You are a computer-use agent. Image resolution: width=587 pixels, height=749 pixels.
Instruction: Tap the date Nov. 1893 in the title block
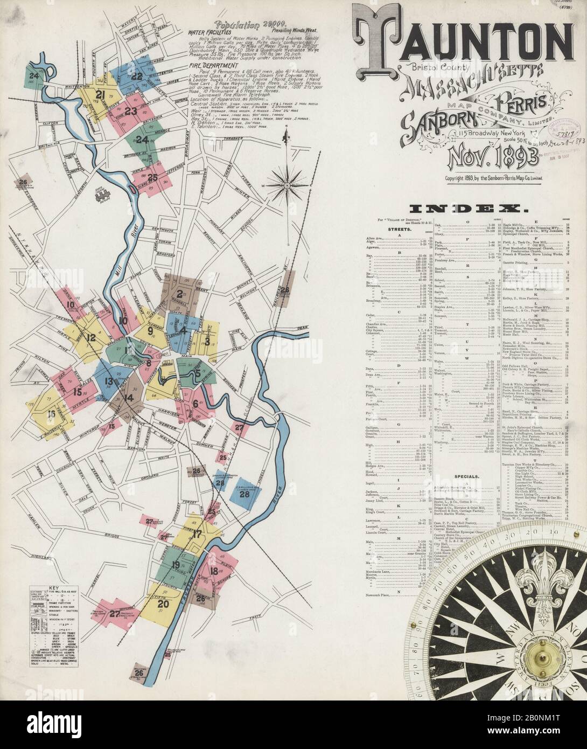coord(491,157)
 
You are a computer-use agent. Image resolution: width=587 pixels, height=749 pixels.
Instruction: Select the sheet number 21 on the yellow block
coord(100,95)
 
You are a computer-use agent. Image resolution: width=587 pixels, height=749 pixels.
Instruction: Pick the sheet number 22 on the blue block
coord(137,76)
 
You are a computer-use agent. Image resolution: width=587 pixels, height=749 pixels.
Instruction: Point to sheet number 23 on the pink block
coord(130,111)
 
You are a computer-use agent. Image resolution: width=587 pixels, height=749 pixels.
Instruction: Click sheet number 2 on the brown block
coord(179,294)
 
